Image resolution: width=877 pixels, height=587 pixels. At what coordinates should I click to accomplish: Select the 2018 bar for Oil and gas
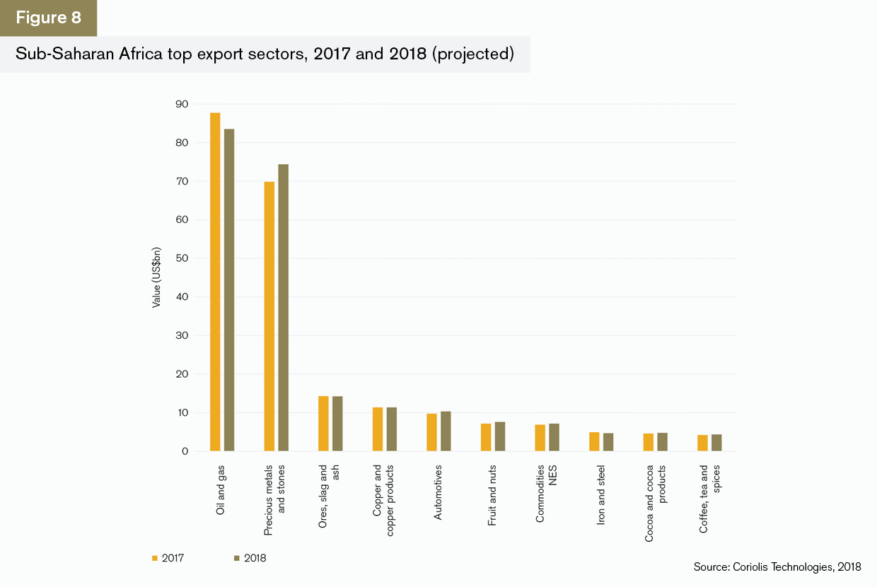coord(229,290)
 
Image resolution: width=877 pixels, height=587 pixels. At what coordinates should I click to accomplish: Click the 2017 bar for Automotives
coord(431,432)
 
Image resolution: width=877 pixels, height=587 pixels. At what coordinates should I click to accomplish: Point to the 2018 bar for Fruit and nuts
coord(499,436)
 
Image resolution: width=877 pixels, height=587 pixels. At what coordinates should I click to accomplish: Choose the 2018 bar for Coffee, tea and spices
coord(716,443)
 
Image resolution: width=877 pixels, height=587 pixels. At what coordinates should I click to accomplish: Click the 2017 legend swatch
coord(155,558)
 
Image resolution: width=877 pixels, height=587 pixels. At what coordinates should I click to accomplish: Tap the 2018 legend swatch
coord(236,558)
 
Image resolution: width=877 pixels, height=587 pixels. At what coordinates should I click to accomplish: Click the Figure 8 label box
coord(48,18)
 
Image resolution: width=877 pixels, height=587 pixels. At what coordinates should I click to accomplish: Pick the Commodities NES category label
coord(546,493)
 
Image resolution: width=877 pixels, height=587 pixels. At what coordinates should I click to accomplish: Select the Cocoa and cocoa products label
coord(656,503)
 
